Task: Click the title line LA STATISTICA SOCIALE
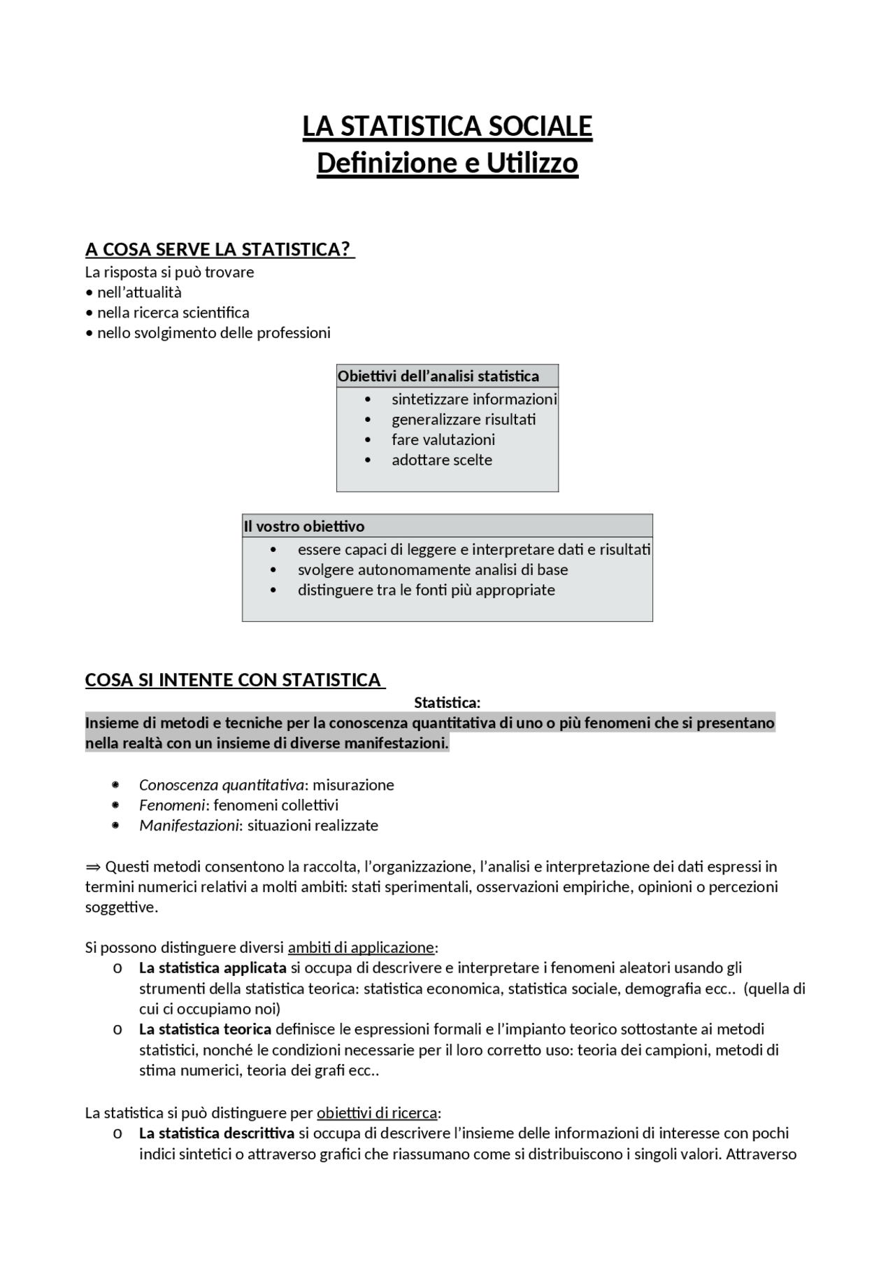447,127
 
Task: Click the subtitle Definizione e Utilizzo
447,164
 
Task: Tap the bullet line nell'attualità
139,292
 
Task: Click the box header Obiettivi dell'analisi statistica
438,376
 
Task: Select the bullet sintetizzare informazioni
474,399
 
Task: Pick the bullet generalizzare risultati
464,420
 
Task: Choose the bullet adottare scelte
442,460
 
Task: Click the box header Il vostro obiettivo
304,526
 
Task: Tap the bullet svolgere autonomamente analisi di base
433,570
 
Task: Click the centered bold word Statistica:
447,702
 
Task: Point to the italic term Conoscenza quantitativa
222,785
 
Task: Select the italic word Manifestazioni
189,826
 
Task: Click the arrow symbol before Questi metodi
93,867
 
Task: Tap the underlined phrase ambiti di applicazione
361,948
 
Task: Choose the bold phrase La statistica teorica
205,1029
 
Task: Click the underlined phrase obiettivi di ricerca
376,1113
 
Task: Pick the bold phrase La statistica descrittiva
217,1133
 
